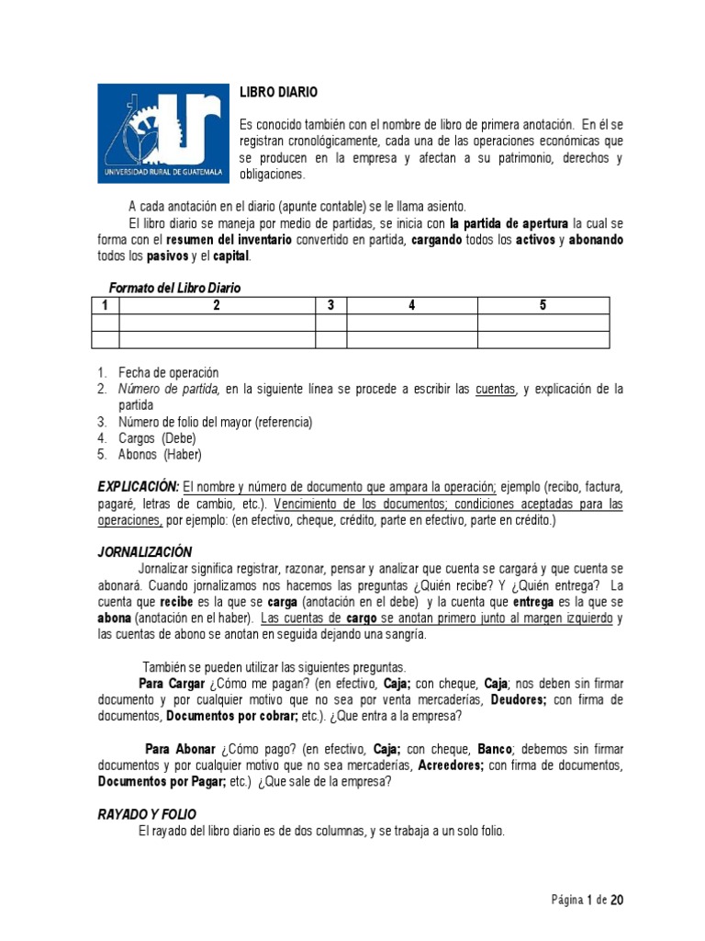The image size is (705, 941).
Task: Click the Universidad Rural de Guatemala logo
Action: tap(162, 134)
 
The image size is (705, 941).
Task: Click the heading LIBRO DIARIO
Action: tap(279, 93)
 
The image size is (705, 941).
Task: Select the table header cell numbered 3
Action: tap(330, 305)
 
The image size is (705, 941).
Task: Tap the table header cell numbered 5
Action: tap(543, 305)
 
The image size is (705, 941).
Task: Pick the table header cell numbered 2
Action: tap(217, 305)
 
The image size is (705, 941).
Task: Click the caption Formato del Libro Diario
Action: tap(174, 288)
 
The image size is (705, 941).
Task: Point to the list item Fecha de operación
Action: tap(168, 372)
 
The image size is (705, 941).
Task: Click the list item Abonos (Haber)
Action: tap(160, 454)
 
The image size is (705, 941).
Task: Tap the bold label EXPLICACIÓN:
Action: tap(138, 486)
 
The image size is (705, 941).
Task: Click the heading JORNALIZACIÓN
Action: tap(144, 551)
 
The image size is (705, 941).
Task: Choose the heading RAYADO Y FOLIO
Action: tap(146, 814)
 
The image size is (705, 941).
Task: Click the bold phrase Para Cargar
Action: tap(171, 683)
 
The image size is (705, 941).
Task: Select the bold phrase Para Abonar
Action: tap(181, 748)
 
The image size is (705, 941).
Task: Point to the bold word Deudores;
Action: tap(519, 699)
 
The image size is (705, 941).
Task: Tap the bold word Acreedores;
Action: tap(452, 765)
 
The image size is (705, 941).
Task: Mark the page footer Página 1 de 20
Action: tap(587, 900)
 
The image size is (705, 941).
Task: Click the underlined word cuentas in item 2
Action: tap(495, 389)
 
